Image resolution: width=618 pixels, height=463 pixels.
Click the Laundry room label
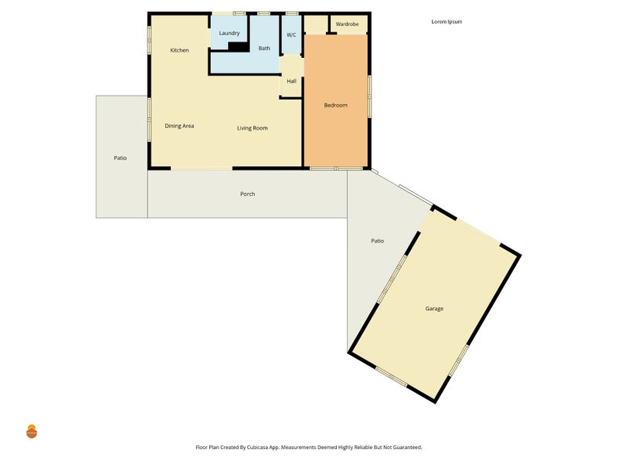pos(229,33)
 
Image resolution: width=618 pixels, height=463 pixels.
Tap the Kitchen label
pos(179,50)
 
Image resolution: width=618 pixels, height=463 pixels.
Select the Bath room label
pos(264,48)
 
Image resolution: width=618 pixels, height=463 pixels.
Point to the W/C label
pos(291,35)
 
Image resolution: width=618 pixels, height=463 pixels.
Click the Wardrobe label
pos(347,24)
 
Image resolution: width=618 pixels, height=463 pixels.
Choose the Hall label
pos(292,81)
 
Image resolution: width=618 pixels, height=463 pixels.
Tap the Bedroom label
pos(336,105)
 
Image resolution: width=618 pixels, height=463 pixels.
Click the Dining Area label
pos(179,126)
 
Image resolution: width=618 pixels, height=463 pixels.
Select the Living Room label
pos(253,128)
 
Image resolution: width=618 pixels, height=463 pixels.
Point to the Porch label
pos(247,194)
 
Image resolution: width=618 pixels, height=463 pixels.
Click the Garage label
pos(434,309)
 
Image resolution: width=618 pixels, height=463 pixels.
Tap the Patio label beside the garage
pos(378,241)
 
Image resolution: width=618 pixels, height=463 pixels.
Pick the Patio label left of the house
pos(121,158)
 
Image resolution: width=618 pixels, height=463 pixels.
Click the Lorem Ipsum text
pos(447,22)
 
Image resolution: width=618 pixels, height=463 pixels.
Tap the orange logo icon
pos(32,431)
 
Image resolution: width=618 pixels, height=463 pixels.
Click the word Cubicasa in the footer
pos(258,448)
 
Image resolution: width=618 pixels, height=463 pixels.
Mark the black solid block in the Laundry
pos(239,46)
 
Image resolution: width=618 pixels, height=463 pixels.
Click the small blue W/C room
pos(292,35)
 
